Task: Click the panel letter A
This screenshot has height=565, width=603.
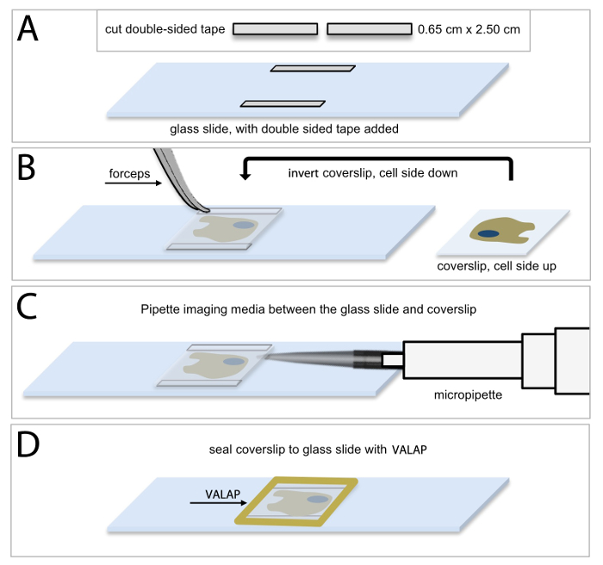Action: click(x=28, y=28)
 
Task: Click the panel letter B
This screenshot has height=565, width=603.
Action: click(x=27, y=168)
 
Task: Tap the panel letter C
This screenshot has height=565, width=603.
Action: click(x=27, y=306)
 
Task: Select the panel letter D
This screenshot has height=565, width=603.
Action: click(x=28, y=444)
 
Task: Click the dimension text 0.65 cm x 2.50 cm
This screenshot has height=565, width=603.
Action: click(x=469, y=29)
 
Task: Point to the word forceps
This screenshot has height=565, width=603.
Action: click(x=129, y=173)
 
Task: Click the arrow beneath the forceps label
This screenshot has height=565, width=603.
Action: click(x=134, y=183)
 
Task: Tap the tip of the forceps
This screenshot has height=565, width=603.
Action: click(x=207, y=210)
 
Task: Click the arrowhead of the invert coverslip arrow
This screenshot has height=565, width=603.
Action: click(x=245, y=176)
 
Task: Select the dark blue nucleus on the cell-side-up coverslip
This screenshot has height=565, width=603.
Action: click(x=488, y=233)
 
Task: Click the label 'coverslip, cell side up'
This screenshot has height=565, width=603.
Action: click(x=496, y=266)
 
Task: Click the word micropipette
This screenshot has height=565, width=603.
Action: click(x=468, y=395)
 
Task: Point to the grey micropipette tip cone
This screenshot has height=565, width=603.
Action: click(x=309, y=359)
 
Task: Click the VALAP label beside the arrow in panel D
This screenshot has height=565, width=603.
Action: click(x=222, y=494)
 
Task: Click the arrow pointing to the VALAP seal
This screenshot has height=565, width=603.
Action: click(x=219, y=503)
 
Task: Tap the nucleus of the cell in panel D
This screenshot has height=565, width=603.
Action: click(x=318, y=500)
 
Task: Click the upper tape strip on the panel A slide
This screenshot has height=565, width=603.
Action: click(x=313, y=68)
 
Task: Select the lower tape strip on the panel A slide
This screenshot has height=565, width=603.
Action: click(x=283, y=103)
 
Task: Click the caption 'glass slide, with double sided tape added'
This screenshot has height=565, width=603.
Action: click(x=284, y=129)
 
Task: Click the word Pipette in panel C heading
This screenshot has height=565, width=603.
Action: click(x=160, y=309)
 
